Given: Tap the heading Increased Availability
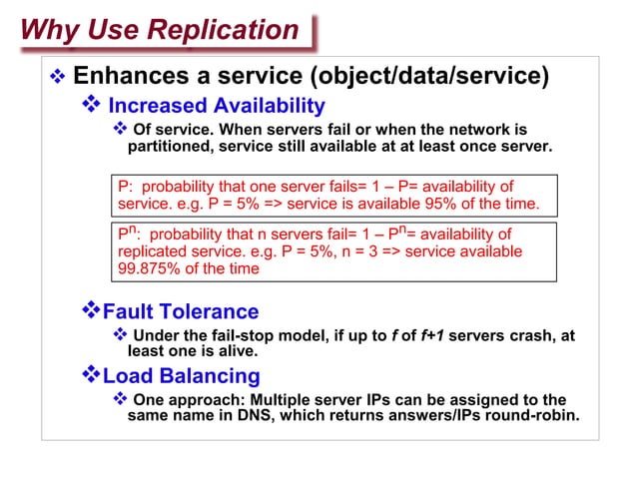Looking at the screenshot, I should (x=216, y=105).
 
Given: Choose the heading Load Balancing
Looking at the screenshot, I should (x=182, y=376).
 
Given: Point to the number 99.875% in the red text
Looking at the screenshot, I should (x=149, y=268).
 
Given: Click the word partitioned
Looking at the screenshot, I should (x=170, y=147).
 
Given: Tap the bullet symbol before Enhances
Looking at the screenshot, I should (x=57, y=77).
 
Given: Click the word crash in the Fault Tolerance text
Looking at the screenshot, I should (x=519, y=335).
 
